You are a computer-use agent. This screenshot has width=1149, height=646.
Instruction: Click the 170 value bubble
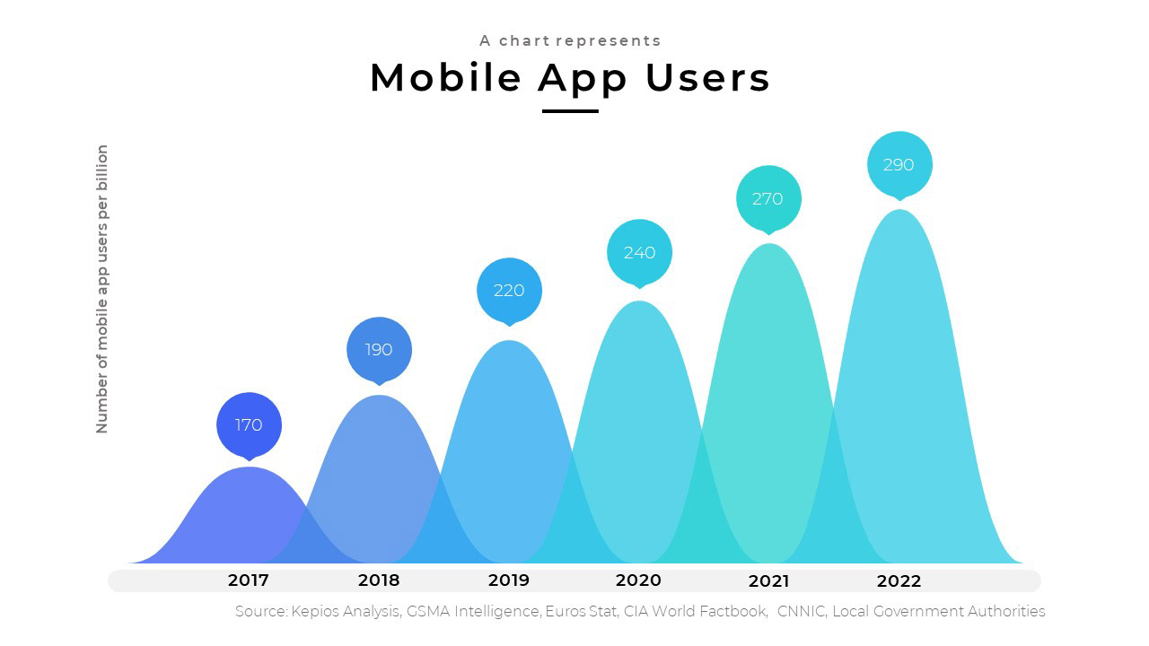[249, 424]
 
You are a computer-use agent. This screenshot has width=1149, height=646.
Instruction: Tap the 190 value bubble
[379, 349]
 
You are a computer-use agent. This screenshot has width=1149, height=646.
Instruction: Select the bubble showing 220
[509, 290]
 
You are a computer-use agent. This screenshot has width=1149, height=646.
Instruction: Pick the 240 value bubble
[639, 252]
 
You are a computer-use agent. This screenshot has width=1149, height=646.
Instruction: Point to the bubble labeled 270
[767, 198]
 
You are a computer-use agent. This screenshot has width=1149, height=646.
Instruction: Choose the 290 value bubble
[899, 164]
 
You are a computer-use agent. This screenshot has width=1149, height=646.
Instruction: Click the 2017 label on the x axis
[249, 581]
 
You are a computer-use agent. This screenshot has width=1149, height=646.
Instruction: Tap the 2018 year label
[379, 581]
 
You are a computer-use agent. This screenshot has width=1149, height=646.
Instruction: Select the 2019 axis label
[509, 581]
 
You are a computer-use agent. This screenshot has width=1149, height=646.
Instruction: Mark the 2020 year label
[639, 581]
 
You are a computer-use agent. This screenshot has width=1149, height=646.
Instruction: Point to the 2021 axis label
[768, 581]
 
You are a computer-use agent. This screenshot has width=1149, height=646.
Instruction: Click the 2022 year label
[899, 581]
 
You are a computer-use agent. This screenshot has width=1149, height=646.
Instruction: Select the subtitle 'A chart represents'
[570, 40]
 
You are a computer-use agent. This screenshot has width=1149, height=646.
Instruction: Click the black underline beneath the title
[570, 111]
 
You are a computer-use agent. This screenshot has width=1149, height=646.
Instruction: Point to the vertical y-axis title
[102, 289]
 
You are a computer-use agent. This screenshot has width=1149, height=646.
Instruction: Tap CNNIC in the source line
[801, 612]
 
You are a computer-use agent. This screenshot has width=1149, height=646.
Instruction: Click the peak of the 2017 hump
[249, 468]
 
